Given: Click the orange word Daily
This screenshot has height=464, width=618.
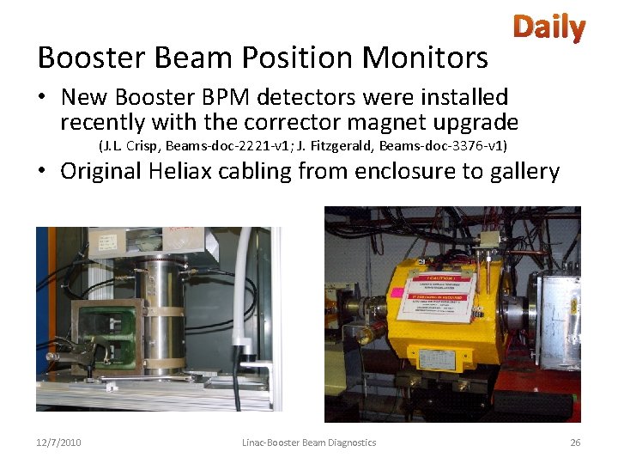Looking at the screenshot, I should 549,28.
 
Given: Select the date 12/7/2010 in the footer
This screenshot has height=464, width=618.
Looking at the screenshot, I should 59,443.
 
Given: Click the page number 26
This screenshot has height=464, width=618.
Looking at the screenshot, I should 575,443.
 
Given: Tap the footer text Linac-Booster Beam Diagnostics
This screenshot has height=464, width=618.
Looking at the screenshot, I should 309,443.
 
